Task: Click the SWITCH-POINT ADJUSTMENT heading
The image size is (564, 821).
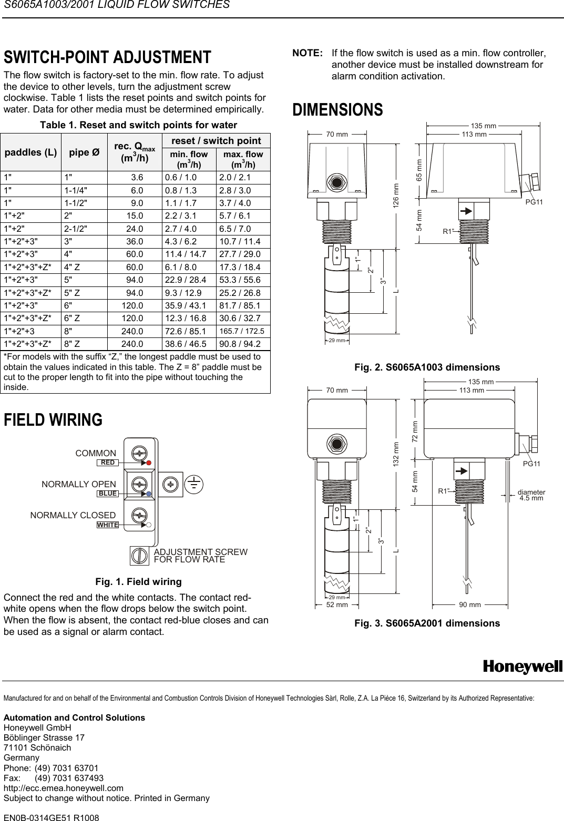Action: pyautogui.click(x=107, y=57)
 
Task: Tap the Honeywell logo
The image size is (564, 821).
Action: pyautogui.click(x=522, y=667)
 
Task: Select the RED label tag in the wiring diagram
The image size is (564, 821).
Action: pyautogui.click(x=107, y=463)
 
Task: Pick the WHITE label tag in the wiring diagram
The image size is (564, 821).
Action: pyautogui.click(x=108, y=525)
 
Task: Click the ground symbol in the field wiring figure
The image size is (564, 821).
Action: pyautogui.click(x=194, y=484)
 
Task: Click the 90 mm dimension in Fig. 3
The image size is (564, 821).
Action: pyautogui.click(x=470, y=605)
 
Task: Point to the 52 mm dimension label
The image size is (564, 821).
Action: pyautogui.click(x=337, y=605)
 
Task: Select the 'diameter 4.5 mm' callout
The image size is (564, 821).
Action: pyautogui.click(x=531, y=495)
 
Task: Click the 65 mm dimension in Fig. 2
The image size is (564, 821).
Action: pyautogui.click(x=419, y=170)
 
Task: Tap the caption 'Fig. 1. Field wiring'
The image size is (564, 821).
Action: pyautogui.click(x=138, y=582)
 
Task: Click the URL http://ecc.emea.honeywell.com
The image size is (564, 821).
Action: pyautogui.click(x=64, y=788)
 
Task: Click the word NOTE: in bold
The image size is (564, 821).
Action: pyautogui.click(x=307, y=54)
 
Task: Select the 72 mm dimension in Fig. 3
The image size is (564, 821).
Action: pyautogui.click(x=415, y=431)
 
